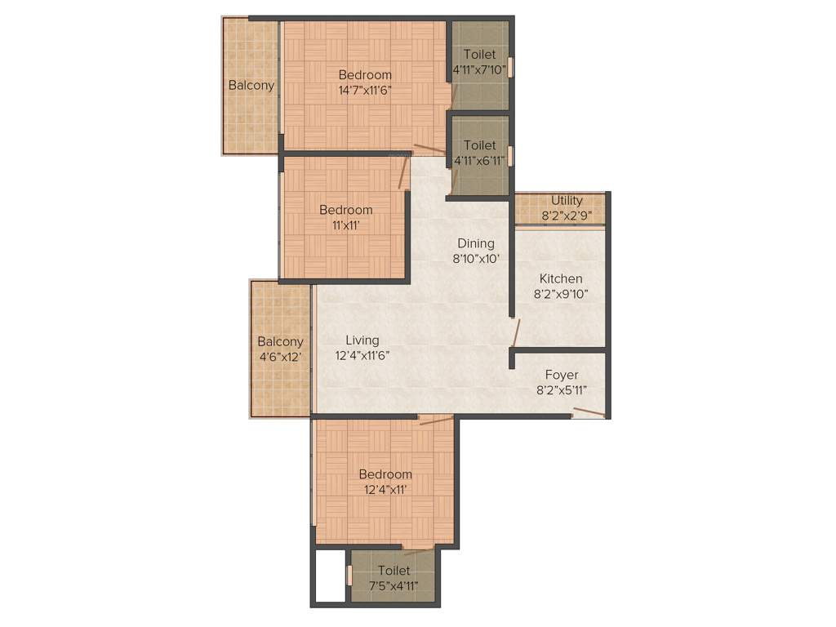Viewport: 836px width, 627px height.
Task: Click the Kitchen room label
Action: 560,278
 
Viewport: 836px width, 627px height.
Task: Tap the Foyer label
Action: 562,375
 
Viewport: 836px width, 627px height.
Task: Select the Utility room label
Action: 567,201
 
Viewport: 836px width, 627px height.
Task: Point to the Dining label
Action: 475,243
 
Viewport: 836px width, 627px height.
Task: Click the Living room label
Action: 362,340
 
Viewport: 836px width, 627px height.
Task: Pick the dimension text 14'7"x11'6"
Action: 365,90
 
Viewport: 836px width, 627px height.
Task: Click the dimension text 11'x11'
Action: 345,225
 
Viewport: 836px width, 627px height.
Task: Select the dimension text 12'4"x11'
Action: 385,489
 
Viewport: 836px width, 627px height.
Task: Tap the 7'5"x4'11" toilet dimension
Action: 393,585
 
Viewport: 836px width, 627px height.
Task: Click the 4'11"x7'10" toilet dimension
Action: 479,69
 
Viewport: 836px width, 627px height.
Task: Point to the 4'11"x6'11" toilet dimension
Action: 479,160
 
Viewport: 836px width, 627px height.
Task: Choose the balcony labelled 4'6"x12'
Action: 280,349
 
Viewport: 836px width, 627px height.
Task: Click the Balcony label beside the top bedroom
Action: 251,85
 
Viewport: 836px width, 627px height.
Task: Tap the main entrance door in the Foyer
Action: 589,412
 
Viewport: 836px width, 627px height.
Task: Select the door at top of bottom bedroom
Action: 436,420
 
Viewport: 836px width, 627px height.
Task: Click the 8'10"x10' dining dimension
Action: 475,258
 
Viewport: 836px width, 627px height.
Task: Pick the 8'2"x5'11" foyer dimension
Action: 562,389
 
